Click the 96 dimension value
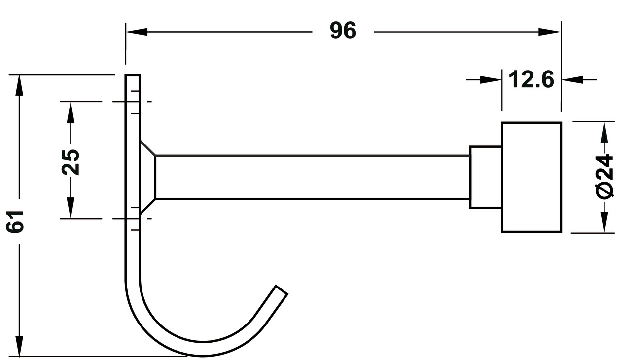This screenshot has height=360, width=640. pos(343,31)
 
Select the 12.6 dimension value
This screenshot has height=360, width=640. pos(532,79)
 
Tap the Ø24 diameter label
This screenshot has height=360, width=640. pos(604,176)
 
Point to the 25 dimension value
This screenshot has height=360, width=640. pos(71,162)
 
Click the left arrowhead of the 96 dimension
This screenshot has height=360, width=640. pos(137,32)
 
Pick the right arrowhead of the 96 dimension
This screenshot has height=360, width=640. pos(549,32)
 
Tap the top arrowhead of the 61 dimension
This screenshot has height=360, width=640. pos(19,86)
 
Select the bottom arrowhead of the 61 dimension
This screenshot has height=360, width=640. pos(19,346)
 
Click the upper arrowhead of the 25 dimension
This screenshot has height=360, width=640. pos(71,112)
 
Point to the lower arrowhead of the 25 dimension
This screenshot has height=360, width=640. pos(71,208)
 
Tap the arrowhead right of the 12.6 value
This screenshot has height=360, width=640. pos(572,80)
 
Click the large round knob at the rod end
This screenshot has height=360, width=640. pos(532,177)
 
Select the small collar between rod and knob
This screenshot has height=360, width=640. pos(486,177)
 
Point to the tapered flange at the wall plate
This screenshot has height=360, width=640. pos(148,177)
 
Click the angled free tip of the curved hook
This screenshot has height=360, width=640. pos(282,289)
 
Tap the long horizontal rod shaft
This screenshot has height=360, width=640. pos(313,177)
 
